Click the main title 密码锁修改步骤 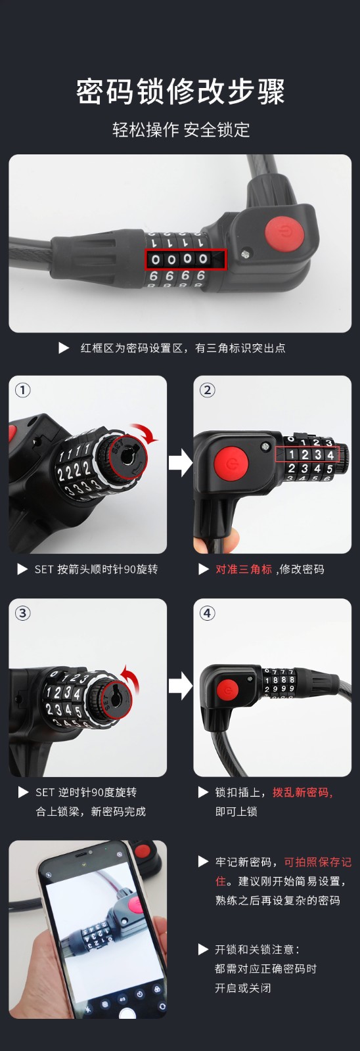click(x=180, y=91)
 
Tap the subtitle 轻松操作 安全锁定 click(x=181, y=129)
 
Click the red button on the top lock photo click(x=284, y=233)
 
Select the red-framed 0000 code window click(x=185, y=259)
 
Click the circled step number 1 click(x=22, y=390)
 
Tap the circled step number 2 click(x=208, y=390)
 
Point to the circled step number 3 click(x=22, y=613)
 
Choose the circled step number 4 click(x=208, y=613)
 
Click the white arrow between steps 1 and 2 click(x=180, y=463)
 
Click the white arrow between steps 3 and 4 click(x=180, y=686)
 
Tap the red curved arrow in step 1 click(x=147, y=431)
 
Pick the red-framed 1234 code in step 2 click(x=307, y=454)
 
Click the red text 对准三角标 click(x=244, y=569)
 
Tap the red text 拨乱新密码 click(x=301, y=792)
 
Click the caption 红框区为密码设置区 click(x=131, y=347)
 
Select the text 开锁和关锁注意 click(x=254, y=950)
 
